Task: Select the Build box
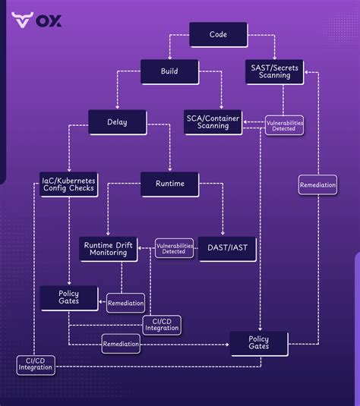pos(169,71)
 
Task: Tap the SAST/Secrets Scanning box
pos(276,71)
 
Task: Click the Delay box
pos(117,121)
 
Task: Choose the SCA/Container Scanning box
pos(213,121)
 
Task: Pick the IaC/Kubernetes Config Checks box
pos(68,184)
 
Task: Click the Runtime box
pos(169,184)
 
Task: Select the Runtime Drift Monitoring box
pos(109,248)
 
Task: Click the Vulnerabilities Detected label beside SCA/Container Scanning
pos(284,125)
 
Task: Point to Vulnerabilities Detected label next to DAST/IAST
pos(174,248)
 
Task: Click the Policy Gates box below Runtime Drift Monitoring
pos(68,297)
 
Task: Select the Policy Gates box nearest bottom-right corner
pos(259,342)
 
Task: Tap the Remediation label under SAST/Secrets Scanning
pos(317,185)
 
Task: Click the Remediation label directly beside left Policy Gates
pos(125,303)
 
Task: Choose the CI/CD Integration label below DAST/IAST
pos(162,325)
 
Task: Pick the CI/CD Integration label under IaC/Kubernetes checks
pos(36,365)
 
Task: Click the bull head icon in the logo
pos(23,20)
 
